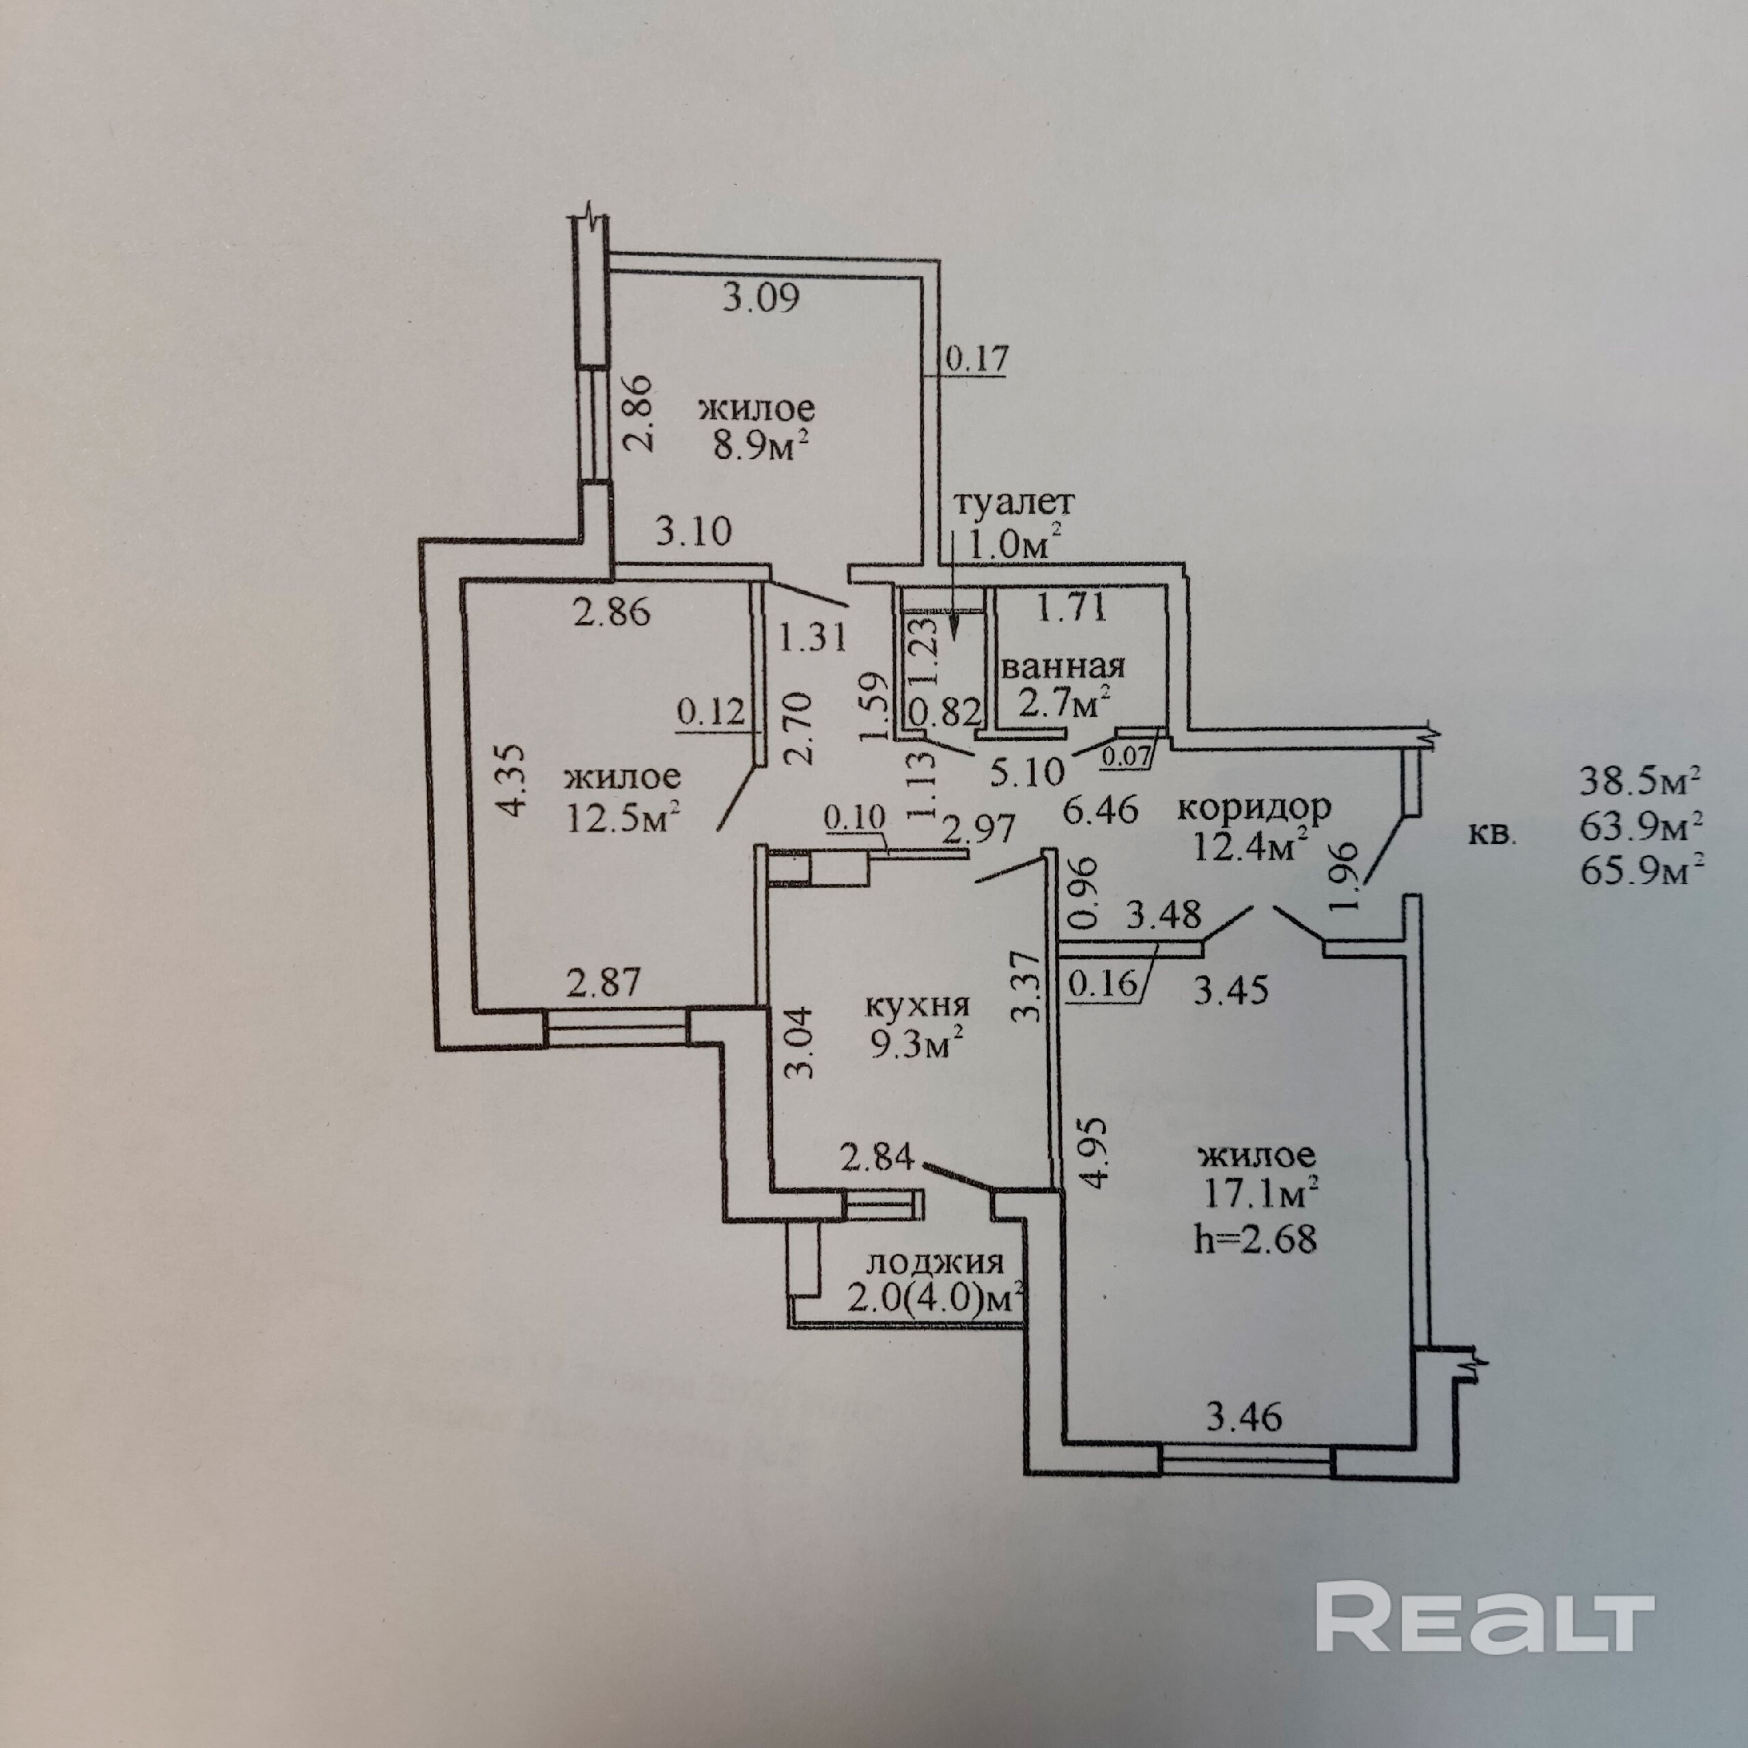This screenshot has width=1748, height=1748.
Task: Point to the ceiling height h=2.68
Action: point(1255,1238)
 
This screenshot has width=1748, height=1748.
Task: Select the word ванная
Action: point(1063,667)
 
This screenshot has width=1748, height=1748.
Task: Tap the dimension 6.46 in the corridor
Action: point(1099,809)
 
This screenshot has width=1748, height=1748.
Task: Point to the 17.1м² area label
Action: point(1258,1196)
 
